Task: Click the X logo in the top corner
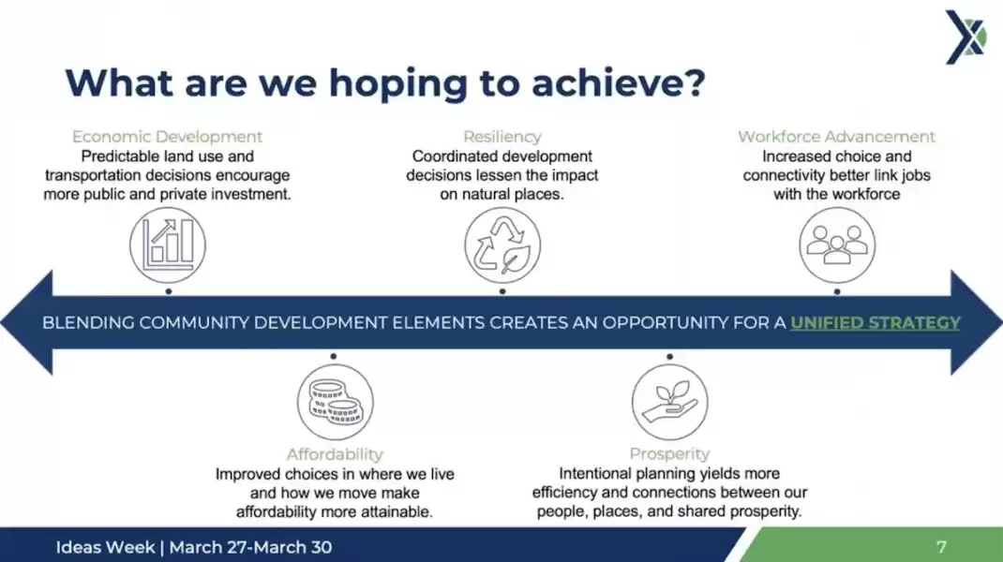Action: click(x=966, y=37)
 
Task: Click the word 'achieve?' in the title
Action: click(x=618, y=83)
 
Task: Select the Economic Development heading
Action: click(x=167, y=137)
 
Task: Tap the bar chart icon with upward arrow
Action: click(x=168, y=244)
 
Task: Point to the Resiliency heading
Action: click(x=502, y=137)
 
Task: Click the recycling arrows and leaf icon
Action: click(x=502, y=244)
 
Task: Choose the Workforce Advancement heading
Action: click(x=837, y=137)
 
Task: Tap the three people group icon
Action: click(x=837, y=244)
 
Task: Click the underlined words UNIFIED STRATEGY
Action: click(x=876, y=323)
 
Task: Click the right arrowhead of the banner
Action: click(x=976, y=322)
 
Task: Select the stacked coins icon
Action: click(x=336, y=402)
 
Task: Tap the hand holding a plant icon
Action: click(x=669, y=402)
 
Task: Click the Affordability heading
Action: click(x=335, y=454)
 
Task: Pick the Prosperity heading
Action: click(x=669, y=454)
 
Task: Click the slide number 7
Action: click(x=941, y=547)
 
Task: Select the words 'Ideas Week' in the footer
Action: click(x=106, y=547)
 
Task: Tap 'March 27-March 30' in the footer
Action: click(x=251, y=547)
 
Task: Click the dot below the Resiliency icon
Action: click(x=502, y=291)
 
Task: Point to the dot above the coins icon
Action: click(x=334, y=356)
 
